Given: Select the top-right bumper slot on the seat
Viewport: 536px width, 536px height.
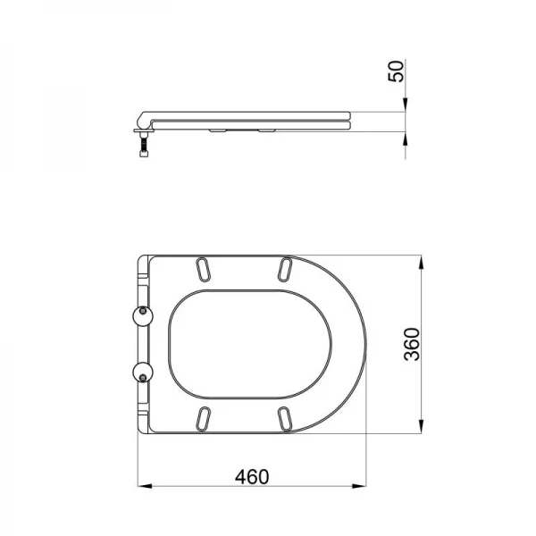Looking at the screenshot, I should click(x=284, y=269).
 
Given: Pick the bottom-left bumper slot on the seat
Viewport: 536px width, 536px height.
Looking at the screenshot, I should click(x=203, y=418).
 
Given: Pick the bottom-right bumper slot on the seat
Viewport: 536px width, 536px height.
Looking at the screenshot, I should click(x=284, y=418).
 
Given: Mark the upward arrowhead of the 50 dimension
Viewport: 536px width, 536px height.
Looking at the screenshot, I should click(x=407, y=138).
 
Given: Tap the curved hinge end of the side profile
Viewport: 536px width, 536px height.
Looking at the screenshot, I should click(x=143, y=117).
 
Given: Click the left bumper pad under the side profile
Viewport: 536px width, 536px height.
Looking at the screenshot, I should click(x=215, y=130).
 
